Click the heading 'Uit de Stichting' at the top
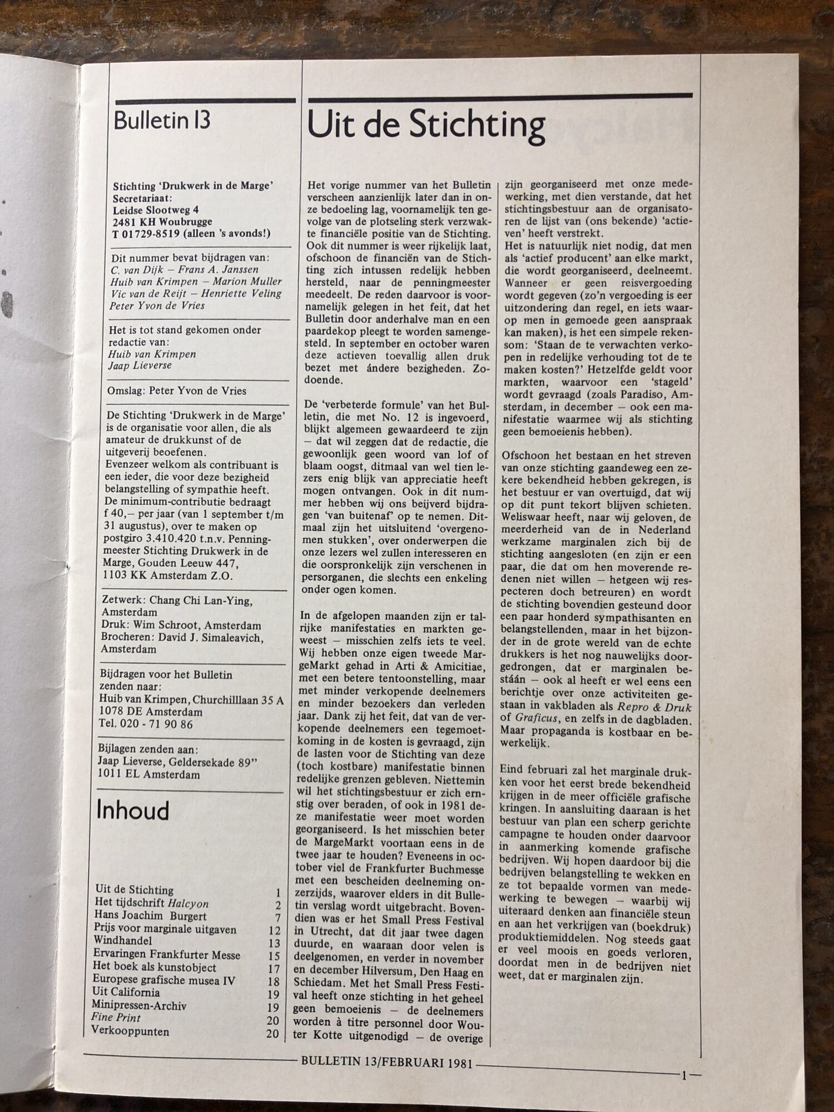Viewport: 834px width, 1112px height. [426, 126]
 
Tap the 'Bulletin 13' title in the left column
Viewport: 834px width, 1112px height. [162, 121]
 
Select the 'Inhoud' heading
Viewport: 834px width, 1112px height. [132, 811]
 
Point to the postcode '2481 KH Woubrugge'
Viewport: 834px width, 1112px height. [162, 222]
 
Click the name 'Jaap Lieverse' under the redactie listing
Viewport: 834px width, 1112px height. [140, 365]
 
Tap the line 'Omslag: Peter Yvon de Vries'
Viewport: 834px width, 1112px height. [177, 391]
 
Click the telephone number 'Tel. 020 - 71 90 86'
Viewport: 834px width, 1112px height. [145, 724]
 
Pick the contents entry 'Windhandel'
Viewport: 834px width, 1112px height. [123, 941]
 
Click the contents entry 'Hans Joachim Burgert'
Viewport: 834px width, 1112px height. [150, 916]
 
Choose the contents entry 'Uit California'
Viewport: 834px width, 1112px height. [126, 992]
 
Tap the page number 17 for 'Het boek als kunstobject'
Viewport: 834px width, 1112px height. [274, 967]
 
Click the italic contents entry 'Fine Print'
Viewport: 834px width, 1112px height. [116, 1018]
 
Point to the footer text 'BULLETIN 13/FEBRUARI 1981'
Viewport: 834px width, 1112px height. [386, 1062]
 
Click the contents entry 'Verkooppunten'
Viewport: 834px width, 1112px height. [131, 1031]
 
